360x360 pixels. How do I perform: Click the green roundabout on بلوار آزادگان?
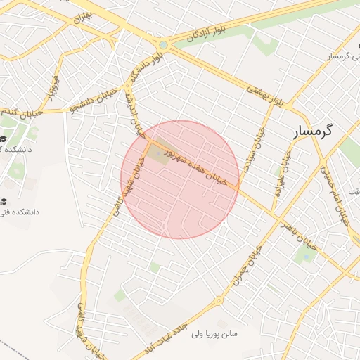point(164,45)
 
